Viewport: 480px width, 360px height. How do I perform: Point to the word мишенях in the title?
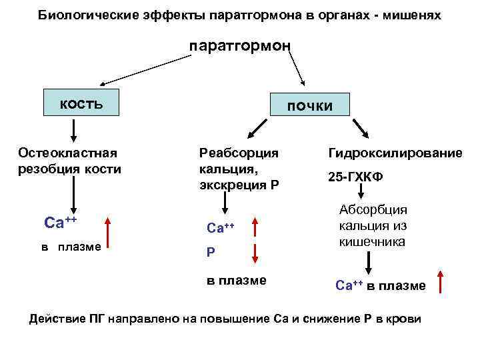[x=413, y=14]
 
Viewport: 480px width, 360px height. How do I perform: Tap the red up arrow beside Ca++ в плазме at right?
[x=441, y=282]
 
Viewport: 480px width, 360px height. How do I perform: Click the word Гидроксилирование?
[x=395, y=153]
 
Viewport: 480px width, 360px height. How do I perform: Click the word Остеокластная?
[x=67, y=153]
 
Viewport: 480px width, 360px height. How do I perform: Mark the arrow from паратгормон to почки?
[x=295, y=69]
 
